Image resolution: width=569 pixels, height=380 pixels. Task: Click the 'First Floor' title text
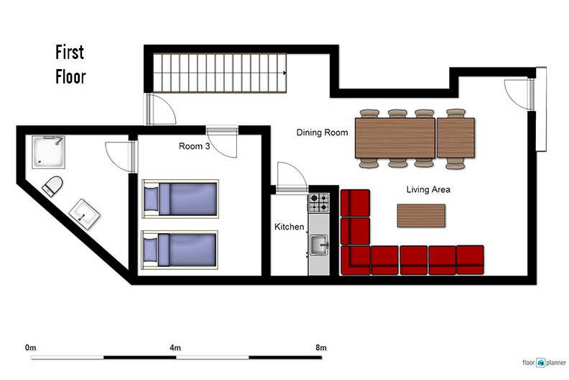(x=70, y=64)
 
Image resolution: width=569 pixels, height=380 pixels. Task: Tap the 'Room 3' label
(x=194, y=146)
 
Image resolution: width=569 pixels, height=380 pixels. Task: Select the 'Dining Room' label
(x=323, y=132)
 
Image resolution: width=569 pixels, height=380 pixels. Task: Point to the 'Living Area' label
(x=428, y=189)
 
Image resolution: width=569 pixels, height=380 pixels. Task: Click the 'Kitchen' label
(x=290, y=227)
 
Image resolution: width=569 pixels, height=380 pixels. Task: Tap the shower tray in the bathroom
(x=48, y=152)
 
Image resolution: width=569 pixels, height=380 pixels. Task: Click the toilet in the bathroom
(x=52, y=186)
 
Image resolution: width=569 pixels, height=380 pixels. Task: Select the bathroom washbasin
(x=84, y=214)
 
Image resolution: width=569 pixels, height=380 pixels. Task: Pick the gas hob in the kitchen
(x=318, y=203)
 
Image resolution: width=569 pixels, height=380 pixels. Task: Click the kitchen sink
(x=319, y=245)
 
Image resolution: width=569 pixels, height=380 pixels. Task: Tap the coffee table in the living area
(x=421, y=216)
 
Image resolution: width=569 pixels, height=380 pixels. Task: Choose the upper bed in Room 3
(x=180, y=199)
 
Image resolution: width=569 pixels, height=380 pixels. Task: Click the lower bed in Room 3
(x=180, y=250)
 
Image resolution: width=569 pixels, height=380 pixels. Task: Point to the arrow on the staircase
(x=285, y=73)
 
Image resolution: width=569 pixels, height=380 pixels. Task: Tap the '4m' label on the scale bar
(x=175, y=348)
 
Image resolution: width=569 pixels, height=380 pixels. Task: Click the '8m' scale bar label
(x=321, y=348)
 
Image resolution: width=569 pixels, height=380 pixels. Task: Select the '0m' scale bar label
(x=30, y=348)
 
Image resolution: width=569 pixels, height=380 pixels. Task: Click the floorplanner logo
(x=544, y=363)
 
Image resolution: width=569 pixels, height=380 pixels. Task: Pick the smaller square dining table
(x=455, y=137)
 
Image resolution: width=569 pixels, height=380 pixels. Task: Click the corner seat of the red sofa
(x=355, y=260)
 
